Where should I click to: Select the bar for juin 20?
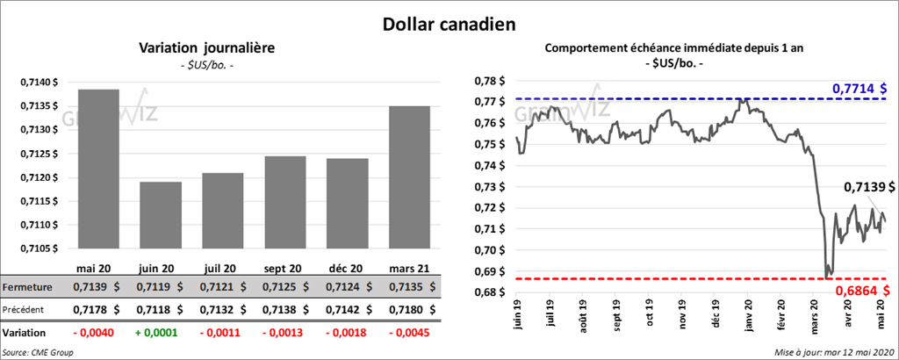[161, 215]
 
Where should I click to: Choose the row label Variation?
[24, 334]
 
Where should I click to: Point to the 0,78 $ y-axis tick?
[490, 80]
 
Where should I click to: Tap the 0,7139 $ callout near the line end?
[869, 186]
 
